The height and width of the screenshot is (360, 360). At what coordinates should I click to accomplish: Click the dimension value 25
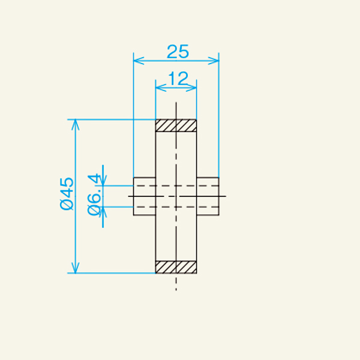point(178,52)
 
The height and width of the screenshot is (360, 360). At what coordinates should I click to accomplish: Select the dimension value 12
point(178,78)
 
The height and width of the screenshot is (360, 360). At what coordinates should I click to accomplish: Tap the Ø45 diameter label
point(67,194)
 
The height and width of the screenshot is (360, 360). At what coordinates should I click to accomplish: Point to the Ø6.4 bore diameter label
point(94,194)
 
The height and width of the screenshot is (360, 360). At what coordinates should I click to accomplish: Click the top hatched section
point(176,125)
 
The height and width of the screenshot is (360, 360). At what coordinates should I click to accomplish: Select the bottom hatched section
point(176,267)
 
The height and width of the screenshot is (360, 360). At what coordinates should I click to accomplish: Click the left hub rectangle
point(145,196)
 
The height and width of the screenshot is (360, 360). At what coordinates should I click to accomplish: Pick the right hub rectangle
point(208,196)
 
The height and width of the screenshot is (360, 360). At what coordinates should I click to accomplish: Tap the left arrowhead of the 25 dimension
point(139,61)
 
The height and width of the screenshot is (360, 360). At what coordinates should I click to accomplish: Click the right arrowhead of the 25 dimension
point(214,61)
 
